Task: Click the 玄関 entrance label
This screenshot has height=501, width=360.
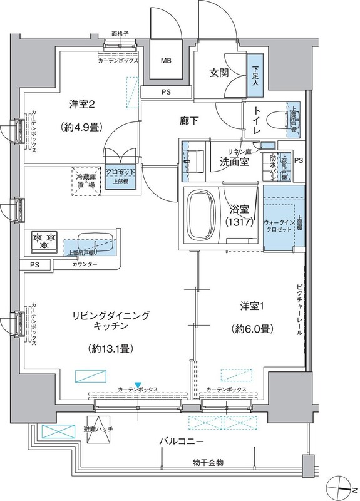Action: (219, 73)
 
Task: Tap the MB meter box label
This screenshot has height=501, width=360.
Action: (166, 61)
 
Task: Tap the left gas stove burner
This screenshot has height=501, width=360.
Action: (36, 238)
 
